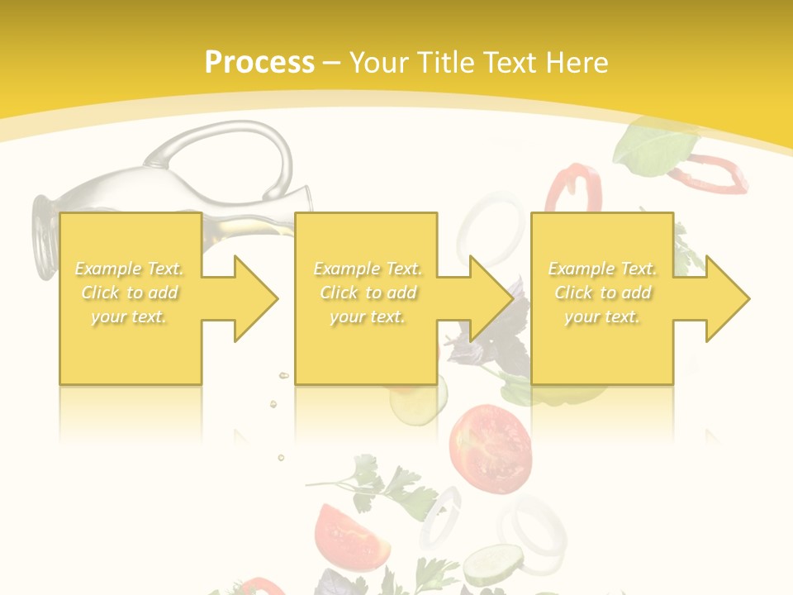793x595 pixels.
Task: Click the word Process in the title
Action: click(259, 63)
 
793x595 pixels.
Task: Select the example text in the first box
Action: click(130, 293)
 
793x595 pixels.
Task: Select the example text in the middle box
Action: click(368, 293)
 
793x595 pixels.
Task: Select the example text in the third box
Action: click(602, 293)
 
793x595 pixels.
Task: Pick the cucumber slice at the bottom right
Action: click(492, 566)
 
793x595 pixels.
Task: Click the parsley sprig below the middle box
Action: click(388, 488)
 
